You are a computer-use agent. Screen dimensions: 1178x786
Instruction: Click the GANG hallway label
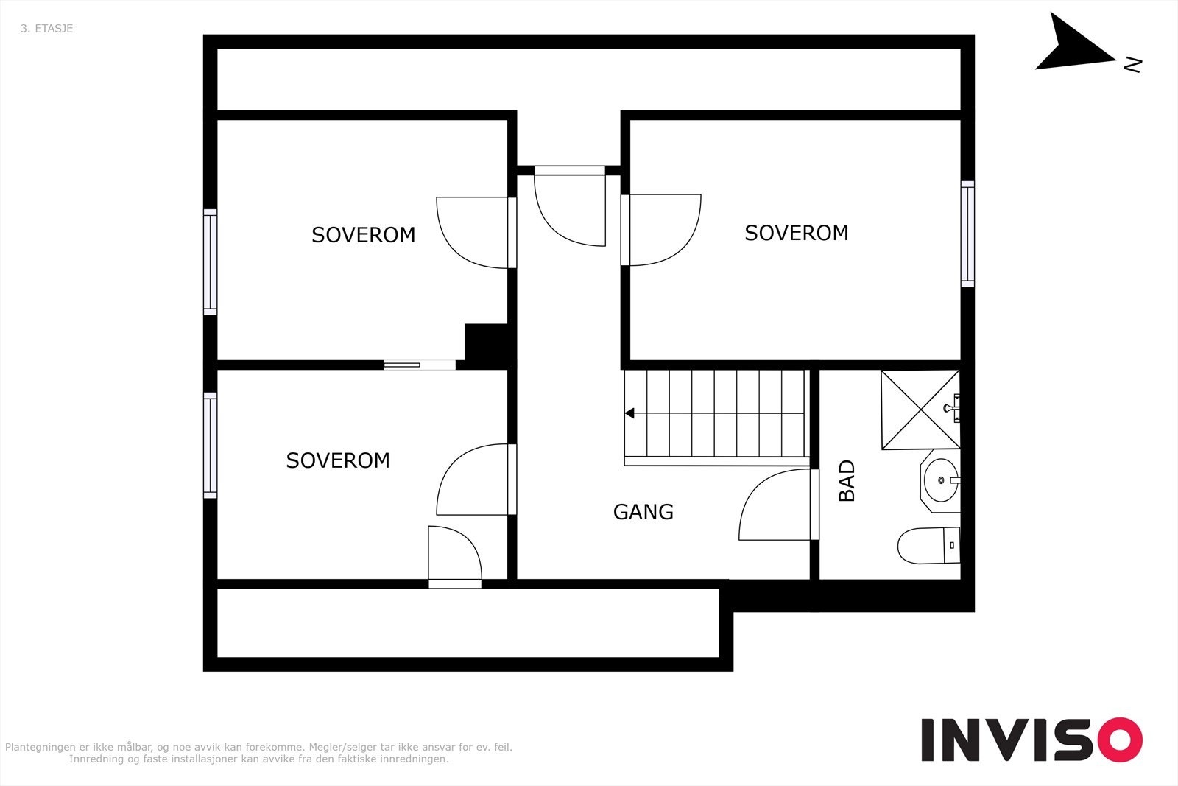[x=643, y=512]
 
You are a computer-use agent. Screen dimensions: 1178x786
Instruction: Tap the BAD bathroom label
[x=847, y=481]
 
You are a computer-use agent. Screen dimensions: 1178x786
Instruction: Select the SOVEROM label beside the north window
[x=796, y=233]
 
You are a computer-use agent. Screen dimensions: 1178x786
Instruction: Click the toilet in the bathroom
[x=928, y=545]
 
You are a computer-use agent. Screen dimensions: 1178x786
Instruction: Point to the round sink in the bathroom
[x=941, y=480]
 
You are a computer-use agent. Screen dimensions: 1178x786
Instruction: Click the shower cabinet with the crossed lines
[x=921, y=410]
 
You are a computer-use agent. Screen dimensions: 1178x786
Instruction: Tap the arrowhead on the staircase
[x=629, y=413]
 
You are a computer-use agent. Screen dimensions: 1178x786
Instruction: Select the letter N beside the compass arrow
[x=1132, y=65]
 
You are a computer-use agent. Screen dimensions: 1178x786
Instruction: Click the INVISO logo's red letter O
[x=1120, y=740]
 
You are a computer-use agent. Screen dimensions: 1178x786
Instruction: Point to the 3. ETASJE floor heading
[x=47, y=29]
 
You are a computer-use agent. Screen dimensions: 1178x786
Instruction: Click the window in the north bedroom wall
[x=967, y=234]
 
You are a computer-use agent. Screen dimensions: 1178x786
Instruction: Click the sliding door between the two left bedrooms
[x=419, y=365]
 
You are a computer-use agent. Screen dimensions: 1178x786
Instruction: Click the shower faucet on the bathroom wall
[x=953, y=408]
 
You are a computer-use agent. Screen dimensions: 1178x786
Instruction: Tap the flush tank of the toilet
[x=952, y=545]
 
